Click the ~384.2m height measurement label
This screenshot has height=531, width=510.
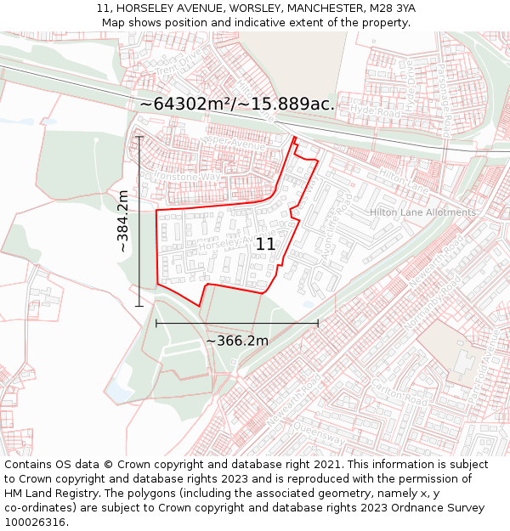pos(123,222)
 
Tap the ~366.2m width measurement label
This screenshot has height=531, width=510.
pos(237,341)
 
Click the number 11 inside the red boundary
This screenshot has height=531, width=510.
pos(265,244)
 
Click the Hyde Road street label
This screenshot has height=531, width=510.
pos(373,110)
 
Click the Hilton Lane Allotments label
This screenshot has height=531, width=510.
pos(422,212)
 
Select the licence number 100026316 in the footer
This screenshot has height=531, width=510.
pos(35,523)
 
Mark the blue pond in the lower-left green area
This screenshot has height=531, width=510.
pos(118,391)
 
